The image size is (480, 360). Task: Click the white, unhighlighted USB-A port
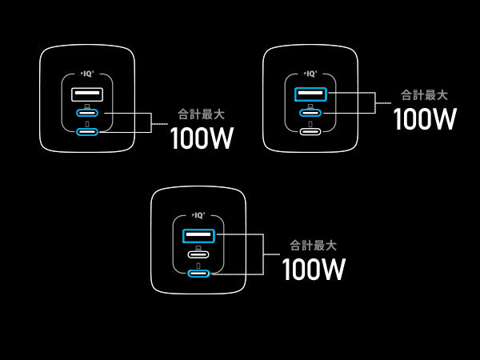point(87,95)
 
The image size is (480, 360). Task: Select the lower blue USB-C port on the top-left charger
point(87,131)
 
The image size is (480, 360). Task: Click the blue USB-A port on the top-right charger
point(310,94)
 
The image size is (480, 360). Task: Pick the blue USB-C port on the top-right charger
point(310,113)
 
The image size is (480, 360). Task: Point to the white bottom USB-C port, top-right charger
point(310,130)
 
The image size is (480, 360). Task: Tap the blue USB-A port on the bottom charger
point(198,236)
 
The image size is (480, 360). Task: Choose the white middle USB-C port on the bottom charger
point(198,255)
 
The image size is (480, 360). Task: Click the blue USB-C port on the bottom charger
point(198,274)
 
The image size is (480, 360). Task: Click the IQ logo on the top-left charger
point(87,74)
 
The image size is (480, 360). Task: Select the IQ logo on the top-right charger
point(311,73)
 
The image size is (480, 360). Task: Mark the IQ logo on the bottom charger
point(199,214)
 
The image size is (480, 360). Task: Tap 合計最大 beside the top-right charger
point(424,94)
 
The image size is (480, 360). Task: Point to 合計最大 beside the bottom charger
point(313,245)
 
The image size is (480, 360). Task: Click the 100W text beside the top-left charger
point(202,138)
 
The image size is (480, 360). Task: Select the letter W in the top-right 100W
point(442,119)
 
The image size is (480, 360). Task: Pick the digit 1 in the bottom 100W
point(288,270)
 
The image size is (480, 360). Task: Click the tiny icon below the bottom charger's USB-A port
point(198,247)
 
